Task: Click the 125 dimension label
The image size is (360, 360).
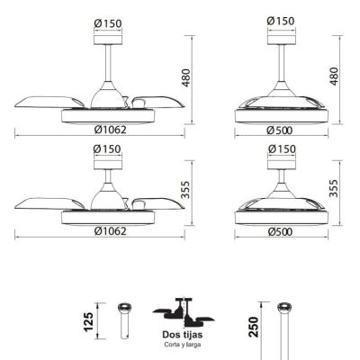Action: (x=89, y=322)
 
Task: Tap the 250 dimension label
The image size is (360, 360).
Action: (x=254, y=327)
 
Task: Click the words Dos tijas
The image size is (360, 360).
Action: (x=183, y=335)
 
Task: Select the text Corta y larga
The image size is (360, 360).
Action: (x=183, y=345)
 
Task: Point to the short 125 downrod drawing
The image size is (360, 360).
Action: (x=124, y=320)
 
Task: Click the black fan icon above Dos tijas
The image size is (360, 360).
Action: (x=184, y=312)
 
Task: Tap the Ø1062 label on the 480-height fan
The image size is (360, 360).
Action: (x=110, y=130)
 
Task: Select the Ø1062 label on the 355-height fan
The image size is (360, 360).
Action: (x=110, y=231)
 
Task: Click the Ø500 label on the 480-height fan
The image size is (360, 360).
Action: (x=279, y=130)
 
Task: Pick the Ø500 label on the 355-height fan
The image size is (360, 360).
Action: (x=280, y=231)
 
